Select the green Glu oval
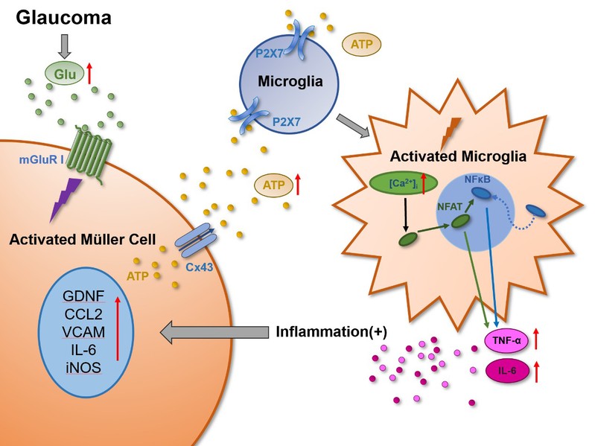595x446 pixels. coord(66,73)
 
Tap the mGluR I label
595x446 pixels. coord(41,159)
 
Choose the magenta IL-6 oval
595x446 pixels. coord(507,369)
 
